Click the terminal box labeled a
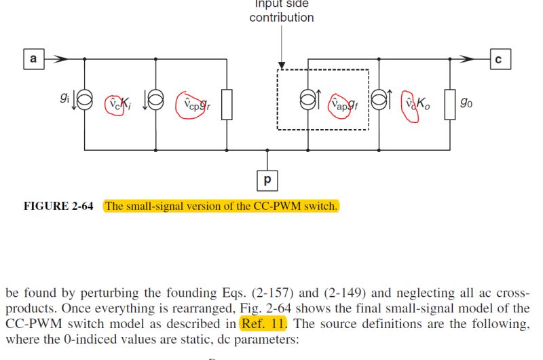coord(33,59)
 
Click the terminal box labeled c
coord(498,59)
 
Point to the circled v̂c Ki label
coord(115,105)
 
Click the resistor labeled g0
coord(449,103)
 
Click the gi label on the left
coord(64,98)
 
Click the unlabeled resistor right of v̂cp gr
coord(226,103)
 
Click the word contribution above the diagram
coord(282,18)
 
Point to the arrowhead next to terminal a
coord(61,59)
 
